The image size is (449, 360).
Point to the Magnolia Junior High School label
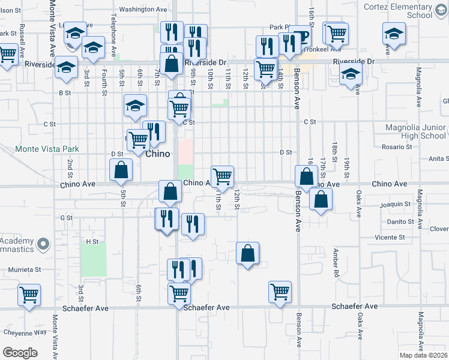tap(415, 131)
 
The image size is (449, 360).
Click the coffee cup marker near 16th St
tap(300, 37)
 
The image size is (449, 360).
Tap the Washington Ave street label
tap(143, 9)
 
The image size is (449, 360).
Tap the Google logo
tap(20, 352)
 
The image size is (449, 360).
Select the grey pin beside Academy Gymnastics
tap(43, 244)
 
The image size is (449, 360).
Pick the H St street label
tap(92, 241)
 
